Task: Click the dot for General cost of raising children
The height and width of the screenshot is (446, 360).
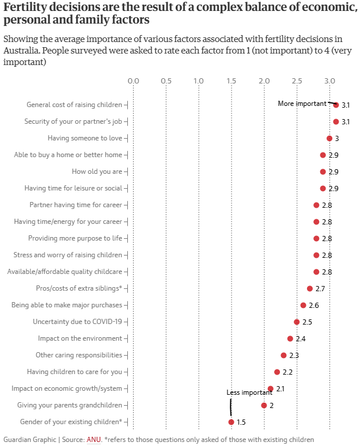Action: [x=336, y=105]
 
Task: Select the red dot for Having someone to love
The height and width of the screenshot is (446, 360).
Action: [x=329, y=138]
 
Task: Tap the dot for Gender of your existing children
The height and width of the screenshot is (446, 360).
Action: [x=231, y=422]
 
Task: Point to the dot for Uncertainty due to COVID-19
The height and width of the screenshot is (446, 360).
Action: [x=297, y=322]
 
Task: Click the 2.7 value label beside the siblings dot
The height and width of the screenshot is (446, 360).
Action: [x=321, y=288]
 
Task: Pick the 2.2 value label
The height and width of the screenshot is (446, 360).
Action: [x=287, y=372]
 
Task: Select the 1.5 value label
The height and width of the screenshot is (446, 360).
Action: [x=241, y=422]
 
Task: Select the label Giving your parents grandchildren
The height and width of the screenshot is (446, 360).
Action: [x=70, y=405]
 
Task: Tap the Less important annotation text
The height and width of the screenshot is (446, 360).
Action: [x=249, y=392]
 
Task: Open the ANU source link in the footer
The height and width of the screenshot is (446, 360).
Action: [x=93, y=440]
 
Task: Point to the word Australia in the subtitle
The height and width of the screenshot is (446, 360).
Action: [x=22, y=50]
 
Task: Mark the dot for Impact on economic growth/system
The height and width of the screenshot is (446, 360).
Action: [x=271, y=389]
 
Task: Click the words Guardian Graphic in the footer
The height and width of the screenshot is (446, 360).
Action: [x=29, y=440]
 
